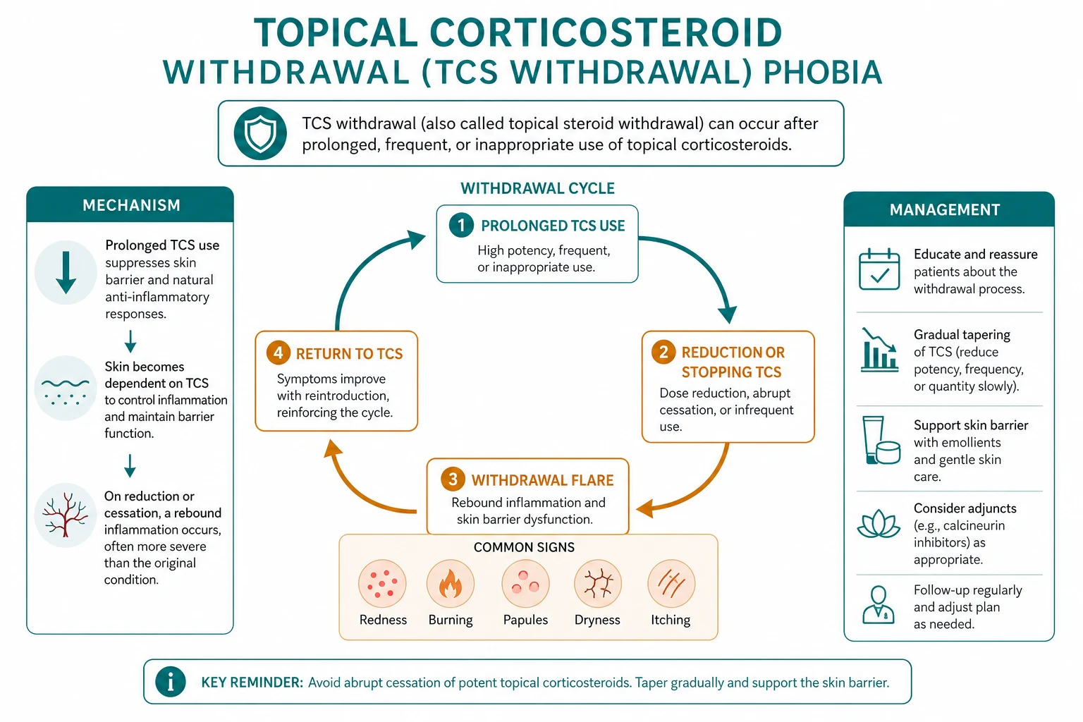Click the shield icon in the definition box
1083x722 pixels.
pos(260,133)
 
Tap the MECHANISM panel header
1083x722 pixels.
pos(130,204)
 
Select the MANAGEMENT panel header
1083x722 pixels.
pos(948,209)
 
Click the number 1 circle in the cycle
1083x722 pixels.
pos(461,226)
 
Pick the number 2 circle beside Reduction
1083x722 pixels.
pos(663,352)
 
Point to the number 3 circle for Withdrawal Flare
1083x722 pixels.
pos(453,479)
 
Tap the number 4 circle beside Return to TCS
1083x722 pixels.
pos(279,353)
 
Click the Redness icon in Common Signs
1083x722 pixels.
pos(382,584)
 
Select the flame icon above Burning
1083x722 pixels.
pos(450,584)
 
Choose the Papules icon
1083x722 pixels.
pos(525,584)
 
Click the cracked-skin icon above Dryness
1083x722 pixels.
pos(598,584)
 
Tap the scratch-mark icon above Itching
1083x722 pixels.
pos(671,584)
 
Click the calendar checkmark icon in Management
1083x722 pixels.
pos(879,269)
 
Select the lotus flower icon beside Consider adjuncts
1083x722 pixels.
pos(879,524)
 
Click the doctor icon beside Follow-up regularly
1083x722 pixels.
pos(879,605)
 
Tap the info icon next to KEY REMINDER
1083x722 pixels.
pos(170,682)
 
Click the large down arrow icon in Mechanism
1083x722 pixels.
pos(66,272)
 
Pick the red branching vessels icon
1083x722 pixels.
pos(66,515)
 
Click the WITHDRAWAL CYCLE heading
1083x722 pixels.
pos(537,188)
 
